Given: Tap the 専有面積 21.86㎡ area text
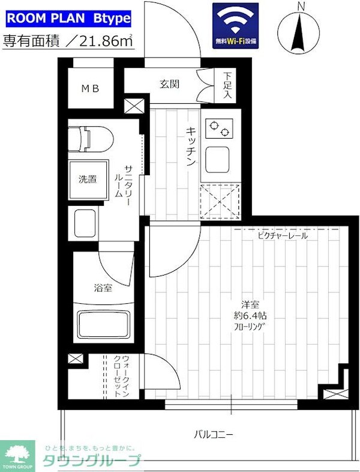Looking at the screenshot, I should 68,41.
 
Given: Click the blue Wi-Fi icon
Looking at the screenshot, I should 236,25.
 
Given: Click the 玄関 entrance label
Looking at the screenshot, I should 170,84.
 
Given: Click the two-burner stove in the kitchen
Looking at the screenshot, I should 220,128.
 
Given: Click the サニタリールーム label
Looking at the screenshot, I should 124,181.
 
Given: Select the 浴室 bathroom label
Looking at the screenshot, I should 102,288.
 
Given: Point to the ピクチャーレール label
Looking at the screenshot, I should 280,236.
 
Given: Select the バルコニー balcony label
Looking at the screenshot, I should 213,434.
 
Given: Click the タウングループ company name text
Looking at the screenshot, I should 91,461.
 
